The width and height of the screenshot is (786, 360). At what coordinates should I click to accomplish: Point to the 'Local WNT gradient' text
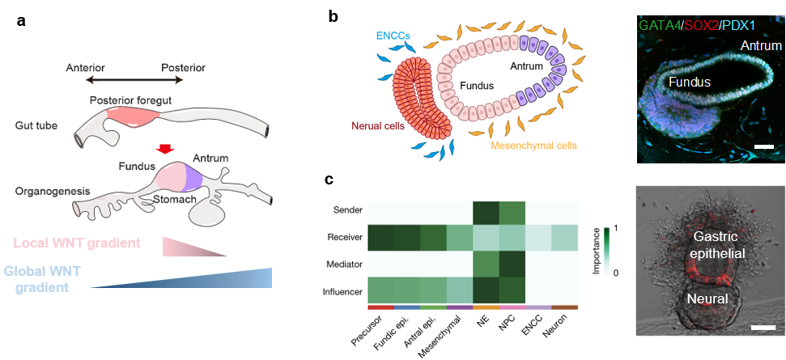[x=78, y=243]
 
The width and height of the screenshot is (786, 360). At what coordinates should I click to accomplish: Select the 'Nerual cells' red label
[x=378, y=125]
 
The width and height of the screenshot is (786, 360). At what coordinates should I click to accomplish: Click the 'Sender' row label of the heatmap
[x=347, y=210]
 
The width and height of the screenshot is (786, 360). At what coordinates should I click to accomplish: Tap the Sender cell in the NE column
[x=485, y=210]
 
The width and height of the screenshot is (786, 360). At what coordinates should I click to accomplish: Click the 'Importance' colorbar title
[x=597, y=251]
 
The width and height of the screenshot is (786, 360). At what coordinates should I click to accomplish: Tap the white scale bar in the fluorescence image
[x=762, y=146]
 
